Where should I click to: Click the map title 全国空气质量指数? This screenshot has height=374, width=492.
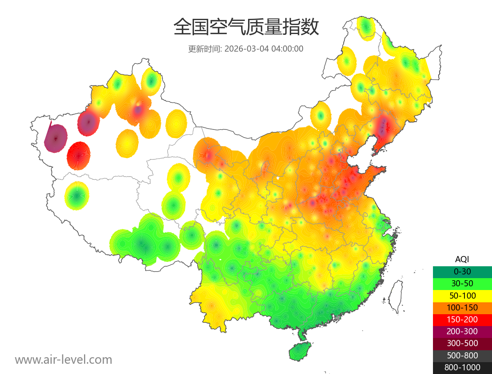coord(246,27)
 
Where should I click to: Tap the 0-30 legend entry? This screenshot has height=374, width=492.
coord(462,271)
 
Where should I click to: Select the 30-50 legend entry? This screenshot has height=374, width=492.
coord(462,283)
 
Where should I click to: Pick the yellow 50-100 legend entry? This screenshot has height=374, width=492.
coord(462,295)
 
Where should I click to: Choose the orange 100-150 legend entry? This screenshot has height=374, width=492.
coord(462,307)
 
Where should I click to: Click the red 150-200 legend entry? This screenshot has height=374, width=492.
coord(462,319)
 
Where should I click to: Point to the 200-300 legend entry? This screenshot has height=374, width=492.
coord(462,331)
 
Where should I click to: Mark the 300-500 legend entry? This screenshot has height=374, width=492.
coord(462,343)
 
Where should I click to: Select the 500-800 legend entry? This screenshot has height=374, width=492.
coord(462,355)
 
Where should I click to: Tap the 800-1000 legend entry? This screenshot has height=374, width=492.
coord(462,367)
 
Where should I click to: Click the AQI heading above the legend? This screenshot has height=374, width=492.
coord(462,259)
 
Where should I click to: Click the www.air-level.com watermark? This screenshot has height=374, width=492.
coord(64,360)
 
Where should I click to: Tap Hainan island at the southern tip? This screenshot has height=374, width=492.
coord(300,352)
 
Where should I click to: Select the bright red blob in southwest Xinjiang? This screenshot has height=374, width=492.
coord(79,156)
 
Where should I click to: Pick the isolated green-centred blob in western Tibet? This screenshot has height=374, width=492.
coord(77,196)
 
